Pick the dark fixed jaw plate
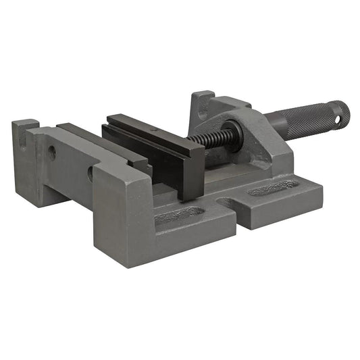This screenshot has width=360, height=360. click(101, 138)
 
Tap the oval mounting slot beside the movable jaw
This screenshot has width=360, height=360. click(179, 215)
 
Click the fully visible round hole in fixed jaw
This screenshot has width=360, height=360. click(52, 153)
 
